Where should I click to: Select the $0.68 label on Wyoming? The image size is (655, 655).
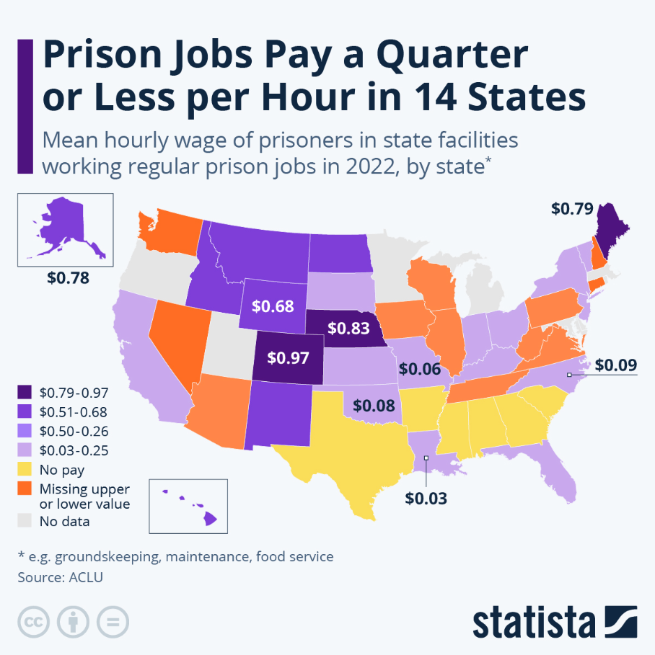pos(273,306)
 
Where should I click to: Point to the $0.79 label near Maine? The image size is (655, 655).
pos(572,209)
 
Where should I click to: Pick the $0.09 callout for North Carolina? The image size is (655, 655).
pos(615,365)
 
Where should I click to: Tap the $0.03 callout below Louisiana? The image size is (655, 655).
pos(426,497)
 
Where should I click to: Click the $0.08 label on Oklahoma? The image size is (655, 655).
pos(374,406)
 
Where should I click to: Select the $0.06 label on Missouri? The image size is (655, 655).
pos(420,370)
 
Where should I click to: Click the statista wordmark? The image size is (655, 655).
pos(534,621)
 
